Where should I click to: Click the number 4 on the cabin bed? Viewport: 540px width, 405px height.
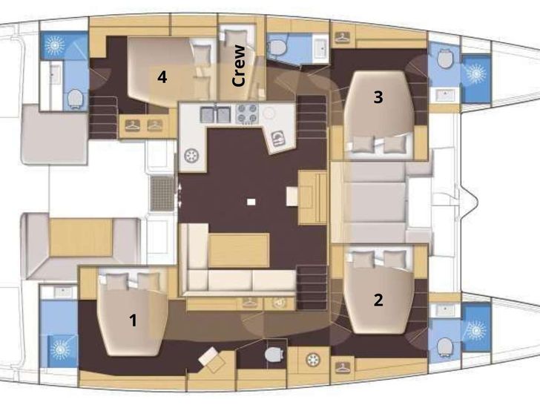click(x=162, y=77)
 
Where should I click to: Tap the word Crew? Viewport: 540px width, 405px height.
click(x=239, y=65)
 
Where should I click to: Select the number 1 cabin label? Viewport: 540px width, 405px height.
click(x=133, y=320)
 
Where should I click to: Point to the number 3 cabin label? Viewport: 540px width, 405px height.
click(x=378, y=96)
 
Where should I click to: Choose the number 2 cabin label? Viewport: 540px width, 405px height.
click(x=378, y=300)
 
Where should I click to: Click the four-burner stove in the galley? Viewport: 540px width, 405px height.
click(x=247, y=114)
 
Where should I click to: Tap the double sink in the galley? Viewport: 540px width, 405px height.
click(x=215, y=115)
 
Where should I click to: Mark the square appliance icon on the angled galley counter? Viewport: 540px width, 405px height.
click(x=278, y=139)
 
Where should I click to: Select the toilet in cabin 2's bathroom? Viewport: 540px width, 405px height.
click(x=444, y=347)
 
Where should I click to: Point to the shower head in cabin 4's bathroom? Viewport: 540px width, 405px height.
click(x=55, y=45)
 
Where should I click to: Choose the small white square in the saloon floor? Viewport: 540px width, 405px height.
click(x=251, y=202)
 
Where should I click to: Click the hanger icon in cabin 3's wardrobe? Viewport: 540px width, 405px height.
click(x=342, y=37)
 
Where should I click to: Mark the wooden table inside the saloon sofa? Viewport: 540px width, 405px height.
click(x=239, y=250)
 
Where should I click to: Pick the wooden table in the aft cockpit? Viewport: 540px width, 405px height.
click(x=81, y=237)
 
